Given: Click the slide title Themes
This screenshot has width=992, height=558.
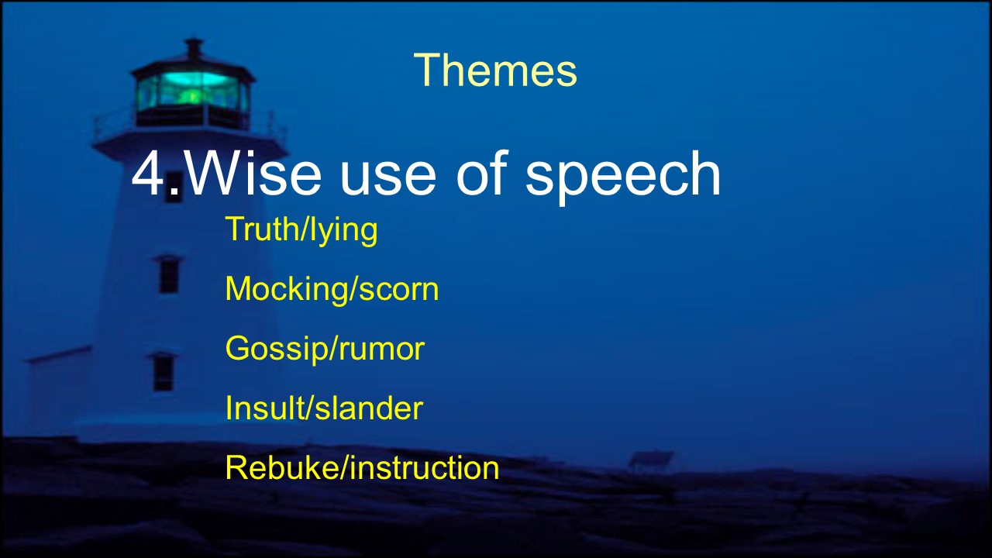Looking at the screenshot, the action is (495, 70).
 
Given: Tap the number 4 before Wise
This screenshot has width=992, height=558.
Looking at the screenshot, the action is (148, 173).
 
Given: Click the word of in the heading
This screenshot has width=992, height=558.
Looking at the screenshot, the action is (481, 173).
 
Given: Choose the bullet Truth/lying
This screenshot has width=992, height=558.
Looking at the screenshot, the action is (301, 230).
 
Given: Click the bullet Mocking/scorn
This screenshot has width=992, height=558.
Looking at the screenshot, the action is (332, 290).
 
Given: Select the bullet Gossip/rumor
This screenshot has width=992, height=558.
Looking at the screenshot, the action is (325, 349).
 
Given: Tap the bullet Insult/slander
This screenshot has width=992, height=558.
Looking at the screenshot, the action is (324, 408).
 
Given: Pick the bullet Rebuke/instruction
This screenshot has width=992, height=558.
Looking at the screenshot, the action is (362, 467).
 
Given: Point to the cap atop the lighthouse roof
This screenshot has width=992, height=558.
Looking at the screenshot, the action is (194, 49).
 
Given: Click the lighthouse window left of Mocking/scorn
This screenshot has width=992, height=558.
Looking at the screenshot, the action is (169, 274).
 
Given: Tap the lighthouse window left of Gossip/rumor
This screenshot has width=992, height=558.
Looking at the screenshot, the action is (163, 372).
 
